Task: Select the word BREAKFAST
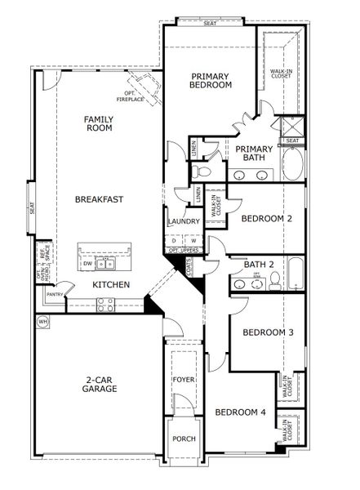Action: [x=100, y=198]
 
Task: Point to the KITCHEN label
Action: [x=111, y=284]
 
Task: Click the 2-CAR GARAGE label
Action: [x=99, y=384]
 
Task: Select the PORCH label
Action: [x=183, y=439]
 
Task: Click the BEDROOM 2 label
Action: [x=266, y=218]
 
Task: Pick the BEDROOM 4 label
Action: [x=240, y=412]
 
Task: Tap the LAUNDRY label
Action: [x=183, y=221]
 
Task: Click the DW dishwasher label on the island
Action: [x=88, y=264]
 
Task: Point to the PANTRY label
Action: [x=55, y=294]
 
